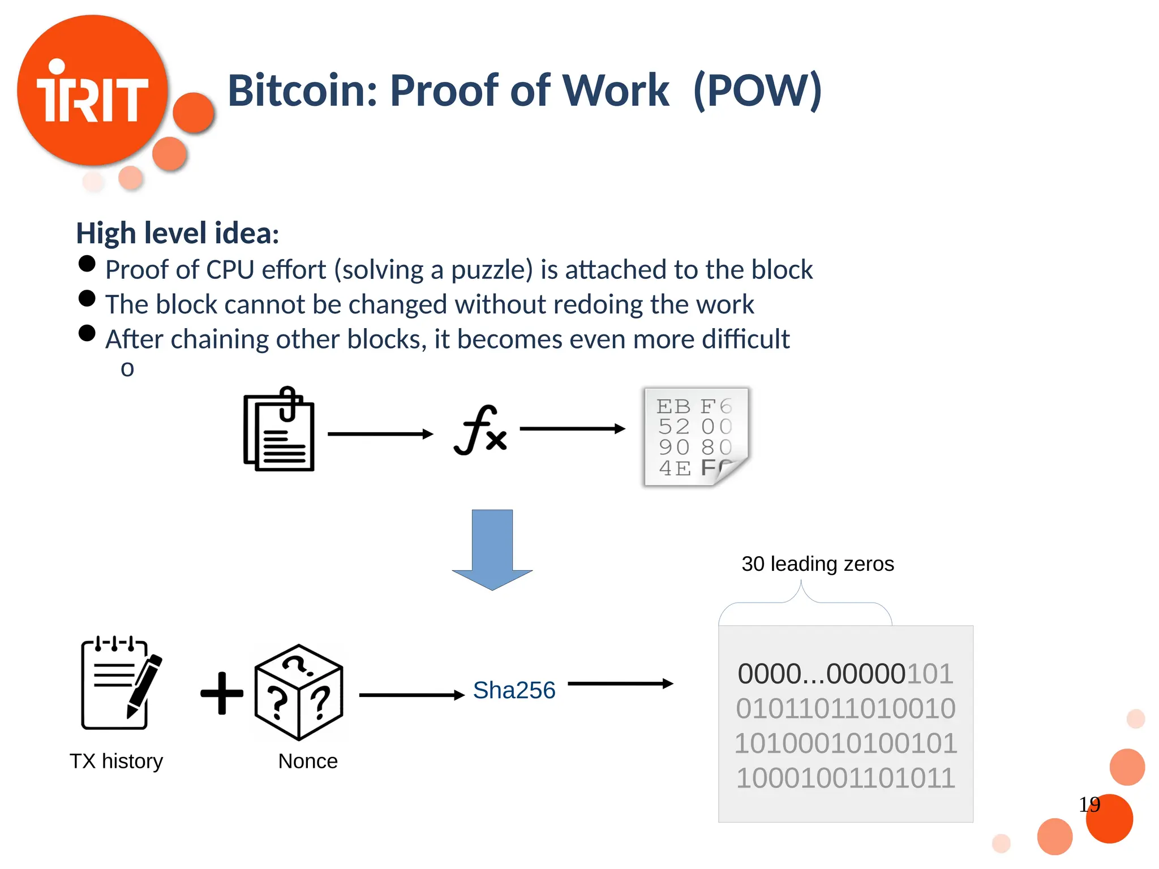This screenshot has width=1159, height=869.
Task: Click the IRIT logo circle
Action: coord(92,91)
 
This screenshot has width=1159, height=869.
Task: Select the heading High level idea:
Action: coord(178,233)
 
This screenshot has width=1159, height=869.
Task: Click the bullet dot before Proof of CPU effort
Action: coord(87,264)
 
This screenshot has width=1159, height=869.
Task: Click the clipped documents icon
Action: coord(279,429)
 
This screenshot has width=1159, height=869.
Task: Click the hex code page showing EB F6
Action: coord(696,437)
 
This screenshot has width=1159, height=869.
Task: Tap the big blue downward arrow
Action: coord(492,549)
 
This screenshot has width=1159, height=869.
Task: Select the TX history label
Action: coord(116,762)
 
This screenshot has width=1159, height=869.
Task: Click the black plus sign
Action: coord(222,693)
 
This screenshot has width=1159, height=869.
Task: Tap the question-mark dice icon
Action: coord(299,692)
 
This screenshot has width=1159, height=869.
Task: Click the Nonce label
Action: coord(308,762)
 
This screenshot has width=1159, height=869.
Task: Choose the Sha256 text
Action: coord(514,691)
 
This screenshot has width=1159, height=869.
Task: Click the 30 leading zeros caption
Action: coord(818,564)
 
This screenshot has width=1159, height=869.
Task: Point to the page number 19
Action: coord(1089,805)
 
